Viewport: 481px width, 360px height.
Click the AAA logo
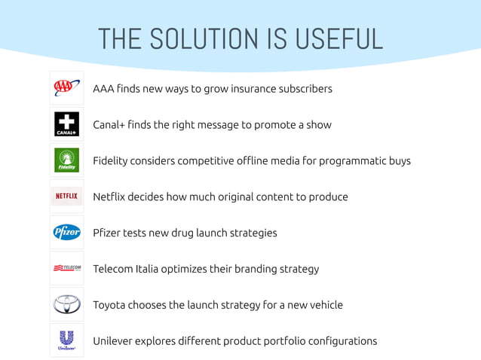click(66, 88)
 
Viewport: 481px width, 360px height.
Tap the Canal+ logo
click(66, 124)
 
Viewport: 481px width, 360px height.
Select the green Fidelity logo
click(66, 160)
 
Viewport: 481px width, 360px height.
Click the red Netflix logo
click(66, 197)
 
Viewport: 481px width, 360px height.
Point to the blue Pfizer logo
click(66, 233)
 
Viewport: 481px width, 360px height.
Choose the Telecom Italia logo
click(66, 268)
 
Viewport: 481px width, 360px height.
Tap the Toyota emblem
click(66, 304)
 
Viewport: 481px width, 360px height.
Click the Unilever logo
click(66, 340)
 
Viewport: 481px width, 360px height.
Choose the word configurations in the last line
click(338, 341)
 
